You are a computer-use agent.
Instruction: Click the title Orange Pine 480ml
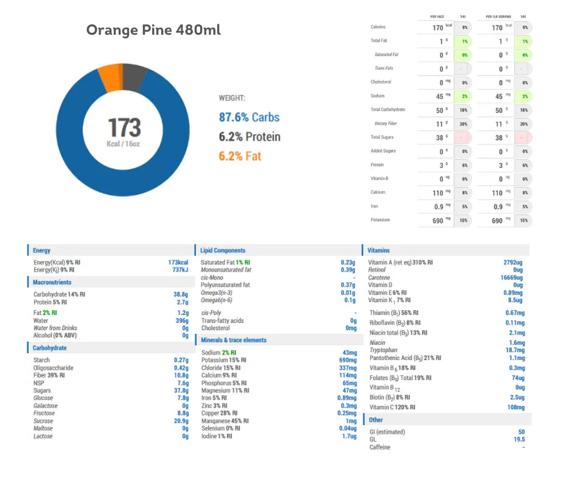(x=153, y=30)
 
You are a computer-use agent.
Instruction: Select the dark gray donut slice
(x=134, y=76)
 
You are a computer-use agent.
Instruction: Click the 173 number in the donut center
(x=125, y=127)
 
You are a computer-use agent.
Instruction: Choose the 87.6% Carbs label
(x=249, y=117)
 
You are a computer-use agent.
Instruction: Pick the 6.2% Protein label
(x=249, y=136)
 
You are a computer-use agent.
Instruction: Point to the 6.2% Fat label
(x=240, y=156)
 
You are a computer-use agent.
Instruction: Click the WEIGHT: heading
(x=232, y=98)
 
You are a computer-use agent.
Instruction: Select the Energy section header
(x=42, y=250)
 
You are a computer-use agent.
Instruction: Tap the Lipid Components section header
(x=223, y=250)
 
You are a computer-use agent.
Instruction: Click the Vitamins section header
(x=378, y=250)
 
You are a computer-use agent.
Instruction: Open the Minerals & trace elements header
(x=234, y=340)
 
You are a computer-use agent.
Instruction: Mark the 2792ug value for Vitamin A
(x=513, y=263)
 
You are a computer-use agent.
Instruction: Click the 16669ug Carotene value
(x=511, y=277)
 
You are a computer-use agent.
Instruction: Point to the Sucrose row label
(x=43, y=421)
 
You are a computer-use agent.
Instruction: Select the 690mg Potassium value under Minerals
(x=347, y=360)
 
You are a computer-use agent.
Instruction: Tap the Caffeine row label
(x=380, y=447)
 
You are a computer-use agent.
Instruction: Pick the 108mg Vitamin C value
(x=514, y=407)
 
